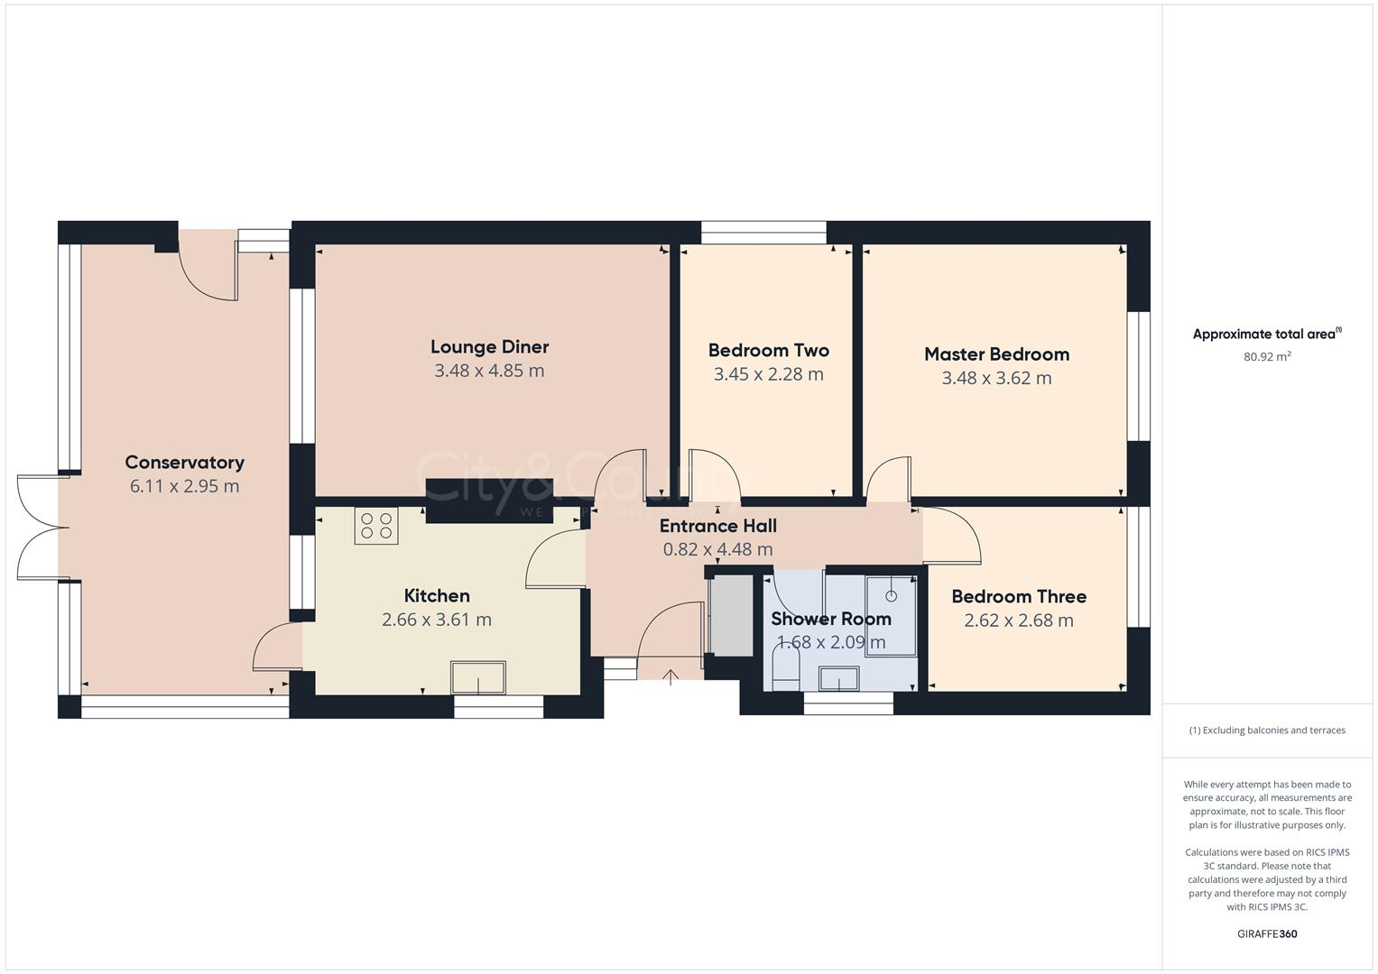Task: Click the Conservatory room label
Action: [184, 463]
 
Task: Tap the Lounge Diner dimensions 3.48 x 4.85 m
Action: [489, 371]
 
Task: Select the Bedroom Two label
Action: [768, 351]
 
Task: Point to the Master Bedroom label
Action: [996, 354]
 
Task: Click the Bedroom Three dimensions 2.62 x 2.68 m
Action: [1019, 620]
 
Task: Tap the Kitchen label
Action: [437, 596]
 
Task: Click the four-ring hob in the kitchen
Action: [376, 526]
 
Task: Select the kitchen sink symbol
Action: [478, 676]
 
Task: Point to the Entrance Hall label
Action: [717, 526]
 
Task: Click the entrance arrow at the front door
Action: [671, 676]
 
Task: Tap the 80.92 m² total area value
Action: [1267, 356]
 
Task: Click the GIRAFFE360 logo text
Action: [1267, 933]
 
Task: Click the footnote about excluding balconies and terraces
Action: [1267, 730]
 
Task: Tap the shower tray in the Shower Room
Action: [891, 615]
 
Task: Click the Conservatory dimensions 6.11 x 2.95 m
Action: [184, 486]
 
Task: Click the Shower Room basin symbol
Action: [839, 678]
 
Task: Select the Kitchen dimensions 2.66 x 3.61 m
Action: [437, 620]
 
